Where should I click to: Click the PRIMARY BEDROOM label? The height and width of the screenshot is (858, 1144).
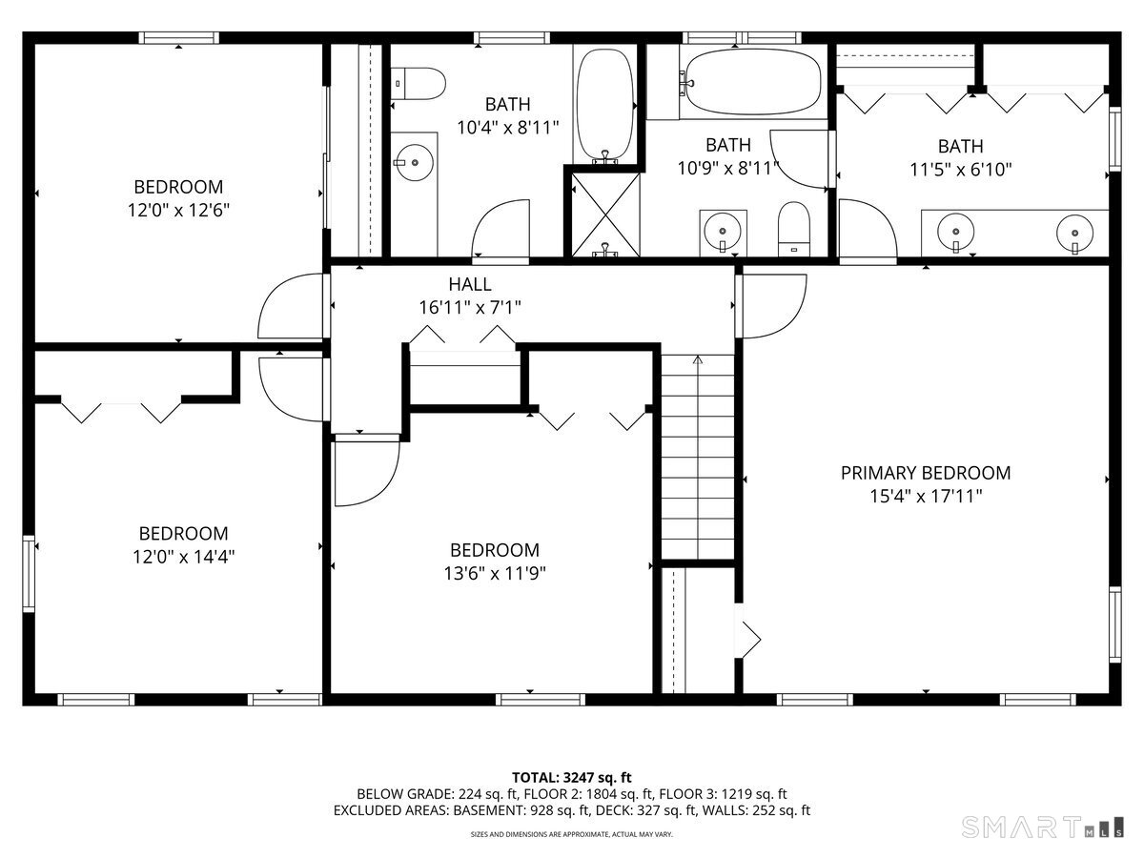coord(925,473)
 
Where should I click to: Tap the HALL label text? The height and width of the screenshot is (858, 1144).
coord(470,284)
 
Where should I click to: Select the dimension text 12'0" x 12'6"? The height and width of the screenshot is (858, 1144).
coord(178,210)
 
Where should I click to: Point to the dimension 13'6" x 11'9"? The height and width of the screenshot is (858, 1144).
coord(494,573)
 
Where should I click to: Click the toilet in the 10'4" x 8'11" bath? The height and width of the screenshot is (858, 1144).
coord(419,83)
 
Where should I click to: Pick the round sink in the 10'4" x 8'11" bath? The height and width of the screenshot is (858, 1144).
coord(415,162)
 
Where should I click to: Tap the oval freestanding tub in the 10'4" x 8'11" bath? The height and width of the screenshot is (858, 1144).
coord(604,105)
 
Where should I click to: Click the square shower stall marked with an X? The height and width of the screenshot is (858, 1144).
coord(604,211)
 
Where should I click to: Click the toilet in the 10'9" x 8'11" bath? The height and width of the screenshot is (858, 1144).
coord(793,229)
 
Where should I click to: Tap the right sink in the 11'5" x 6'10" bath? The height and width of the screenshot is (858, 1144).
coord(1074,230)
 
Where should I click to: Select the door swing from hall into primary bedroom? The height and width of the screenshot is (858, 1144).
coord(772,305)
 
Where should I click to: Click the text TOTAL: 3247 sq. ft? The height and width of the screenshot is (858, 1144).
coord(571,777)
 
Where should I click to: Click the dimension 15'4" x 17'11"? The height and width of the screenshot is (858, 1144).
coord(925,496)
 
